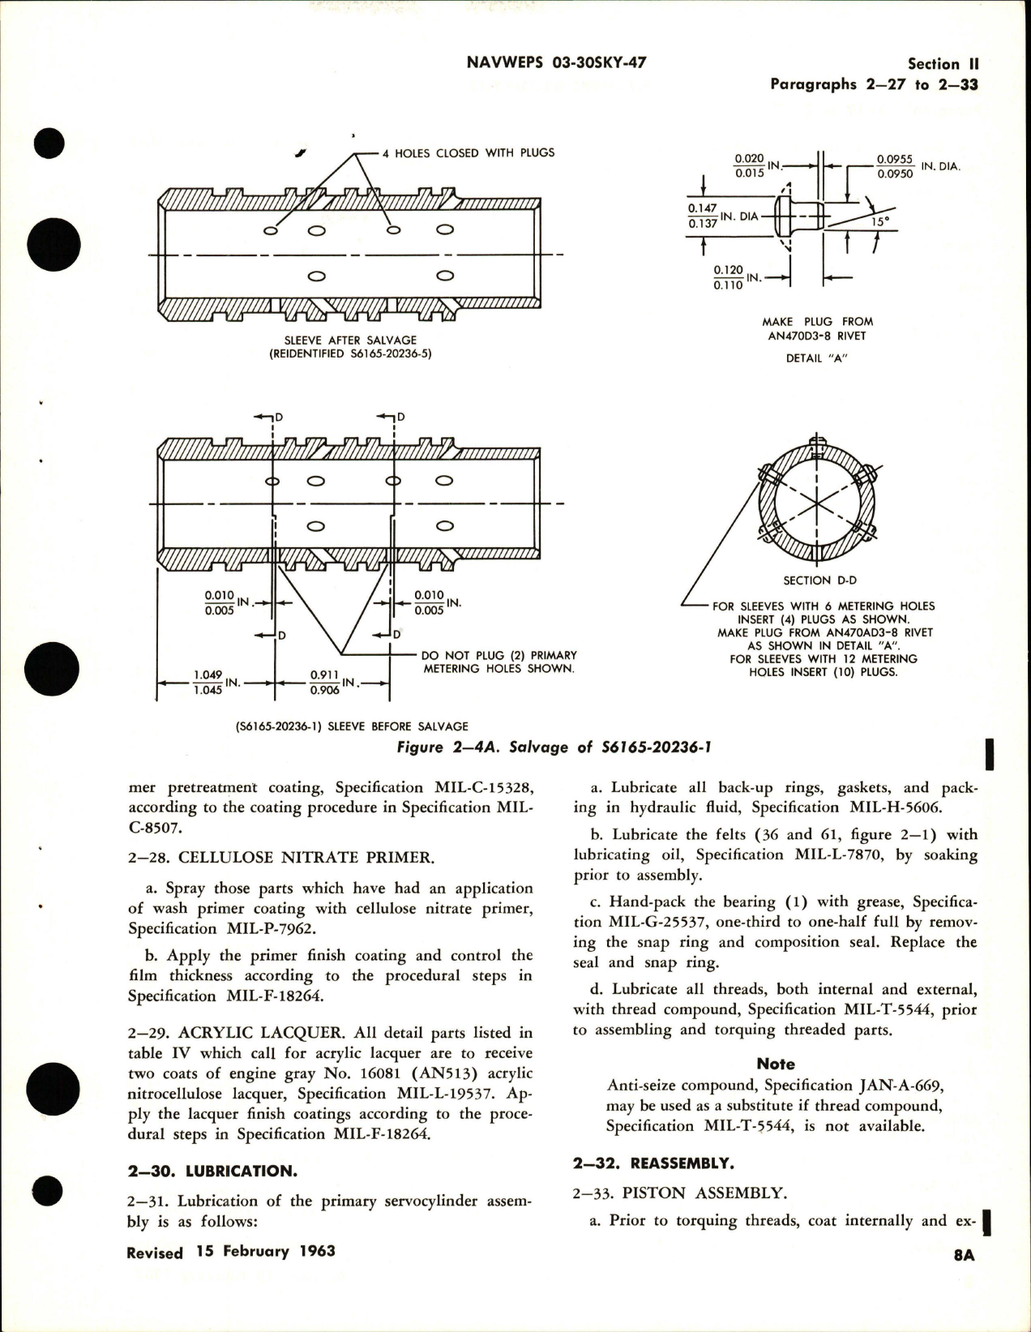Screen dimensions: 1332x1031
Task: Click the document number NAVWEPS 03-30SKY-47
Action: (557, 62)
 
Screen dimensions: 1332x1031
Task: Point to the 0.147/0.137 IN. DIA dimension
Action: (722, 216)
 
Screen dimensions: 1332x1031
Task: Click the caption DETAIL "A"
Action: (815, 358)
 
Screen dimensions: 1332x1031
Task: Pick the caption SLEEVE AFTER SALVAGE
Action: (350, 340)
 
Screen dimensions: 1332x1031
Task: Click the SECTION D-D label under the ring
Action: (819, 580)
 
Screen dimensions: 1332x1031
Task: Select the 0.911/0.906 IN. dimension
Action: (333, 683)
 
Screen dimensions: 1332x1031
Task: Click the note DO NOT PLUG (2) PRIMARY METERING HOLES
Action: (498, 662)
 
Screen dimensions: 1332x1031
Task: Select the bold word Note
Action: (776, 1064)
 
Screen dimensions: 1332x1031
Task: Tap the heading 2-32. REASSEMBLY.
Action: (653, 1163)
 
